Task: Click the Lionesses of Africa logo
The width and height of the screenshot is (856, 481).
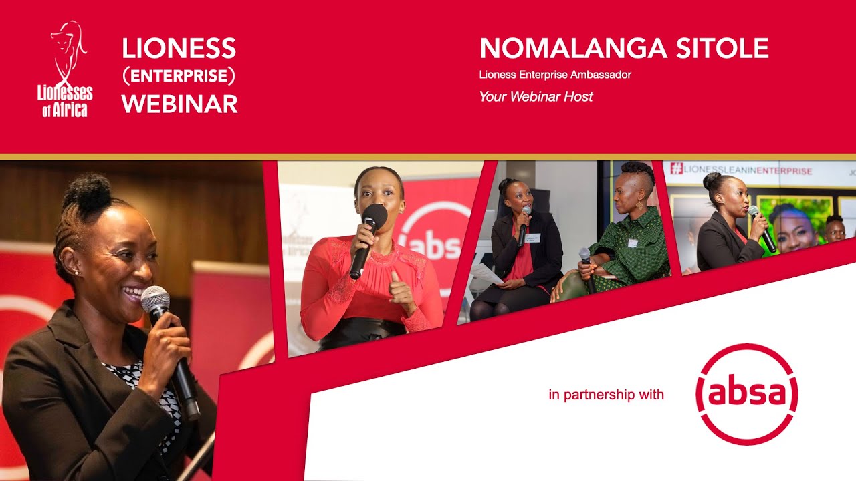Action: [65, 69]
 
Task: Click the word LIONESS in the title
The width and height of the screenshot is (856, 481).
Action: [179, 49]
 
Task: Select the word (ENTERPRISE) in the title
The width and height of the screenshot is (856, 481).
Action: [179, 76]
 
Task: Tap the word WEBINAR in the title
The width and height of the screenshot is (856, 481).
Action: [179, 104]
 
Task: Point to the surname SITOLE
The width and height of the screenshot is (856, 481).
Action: [722, 49]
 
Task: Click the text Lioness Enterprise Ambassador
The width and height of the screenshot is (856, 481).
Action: [554, 75]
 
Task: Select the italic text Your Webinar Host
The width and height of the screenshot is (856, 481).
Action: [536, 97]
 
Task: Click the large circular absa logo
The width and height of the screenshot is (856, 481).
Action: [746, 394]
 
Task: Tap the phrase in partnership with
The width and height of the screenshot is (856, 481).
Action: [606, 395]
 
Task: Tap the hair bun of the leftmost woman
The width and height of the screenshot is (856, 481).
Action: [86, 190]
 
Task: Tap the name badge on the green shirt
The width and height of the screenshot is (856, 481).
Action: [633, 243]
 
